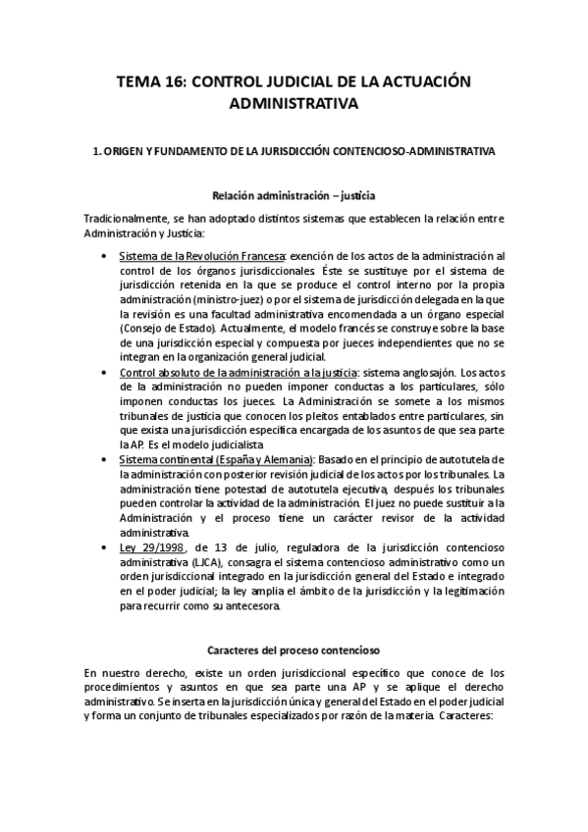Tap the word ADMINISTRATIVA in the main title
click(x=294, y=102)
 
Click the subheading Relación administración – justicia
click(x=294, y=195)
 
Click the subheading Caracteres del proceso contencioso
click(x=294, y=650)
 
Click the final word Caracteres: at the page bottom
click(x=470, y=716)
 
